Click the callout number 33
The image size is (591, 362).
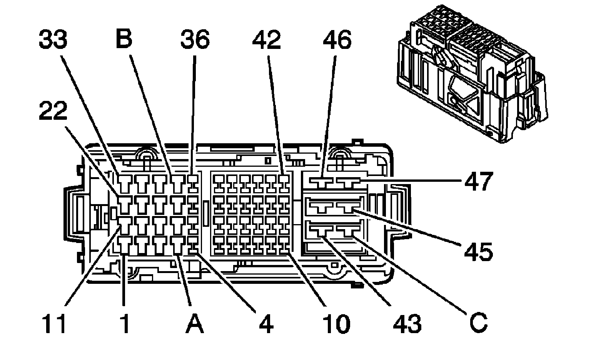pos(53,40)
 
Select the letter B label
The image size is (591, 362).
pos(124,39)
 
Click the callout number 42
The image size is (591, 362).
pos(267,40)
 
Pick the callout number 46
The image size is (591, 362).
pos(337,40)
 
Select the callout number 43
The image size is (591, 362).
pos(407,323)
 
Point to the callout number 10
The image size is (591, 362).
pos(336,323)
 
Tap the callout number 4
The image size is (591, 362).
pos(266,323)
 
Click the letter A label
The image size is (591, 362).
pos(194,323)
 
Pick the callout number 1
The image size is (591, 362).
pos(124,323)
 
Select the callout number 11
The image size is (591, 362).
pos(53,323)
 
